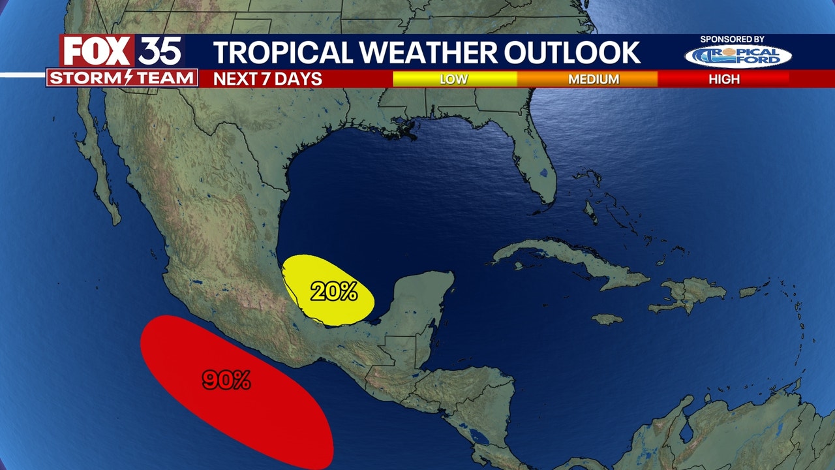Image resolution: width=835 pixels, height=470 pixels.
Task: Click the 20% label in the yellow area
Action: point(333,291)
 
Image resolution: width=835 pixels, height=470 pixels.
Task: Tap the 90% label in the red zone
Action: point(226,380)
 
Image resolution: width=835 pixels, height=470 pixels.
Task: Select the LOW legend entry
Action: point(453,79)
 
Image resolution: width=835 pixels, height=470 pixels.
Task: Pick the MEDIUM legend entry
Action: point(593,79)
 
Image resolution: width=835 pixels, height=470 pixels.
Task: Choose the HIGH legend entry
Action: point(724,79)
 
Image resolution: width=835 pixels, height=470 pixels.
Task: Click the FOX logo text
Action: point(97,51)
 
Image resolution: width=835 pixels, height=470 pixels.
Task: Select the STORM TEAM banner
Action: point(122,78)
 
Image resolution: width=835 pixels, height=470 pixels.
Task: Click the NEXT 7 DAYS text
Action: point(268,79)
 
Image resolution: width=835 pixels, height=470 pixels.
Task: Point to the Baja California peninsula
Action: point(98,163)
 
